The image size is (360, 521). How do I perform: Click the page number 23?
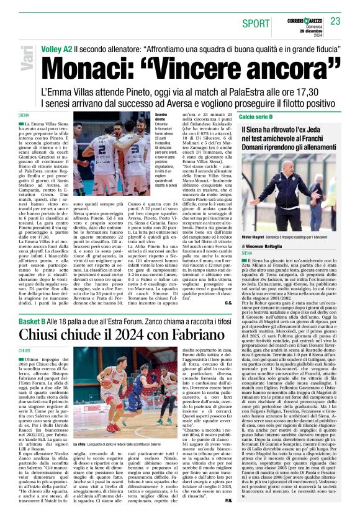click(x=336, y=21)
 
